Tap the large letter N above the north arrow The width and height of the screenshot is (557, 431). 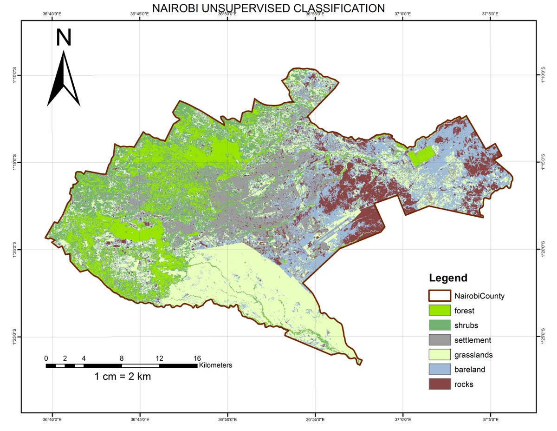click(64, 38)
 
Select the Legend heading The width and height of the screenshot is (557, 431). click(448, 278)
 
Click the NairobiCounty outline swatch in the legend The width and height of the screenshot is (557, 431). click(439, 296)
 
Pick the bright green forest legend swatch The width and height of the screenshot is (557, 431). click(439, 311)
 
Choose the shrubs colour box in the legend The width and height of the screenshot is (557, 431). click(439, 325)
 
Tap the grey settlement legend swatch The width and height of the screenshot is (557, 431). click(439, 340)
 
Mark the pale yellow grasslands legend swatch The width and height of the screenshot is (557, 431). click(439, 355)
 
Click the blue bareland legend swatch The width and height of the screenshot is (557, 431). click(439, 370)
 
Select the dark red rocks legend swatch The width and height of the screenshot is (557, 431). click(439, 385)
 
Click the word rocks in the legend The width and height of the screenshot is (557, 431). click(464, 385)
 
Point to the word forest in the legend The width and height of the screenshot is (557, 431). click(465, 311)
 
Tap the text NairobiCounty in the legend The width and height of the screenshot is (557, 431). click(479, 296)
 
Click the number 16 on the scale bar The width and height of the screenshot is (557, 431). click(197, 358)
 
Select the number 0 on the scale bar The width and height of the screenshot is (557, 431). click(46, 358)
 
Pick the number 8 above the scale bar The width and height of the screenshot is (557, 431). click(122, 358)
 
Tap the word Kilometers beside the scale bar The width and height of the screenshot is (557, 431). click(215, 365)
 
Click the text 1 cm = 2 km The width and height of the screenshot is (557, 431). click(123, 377)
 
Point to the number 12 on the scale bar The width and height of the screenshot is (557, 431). click(159, 358)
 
